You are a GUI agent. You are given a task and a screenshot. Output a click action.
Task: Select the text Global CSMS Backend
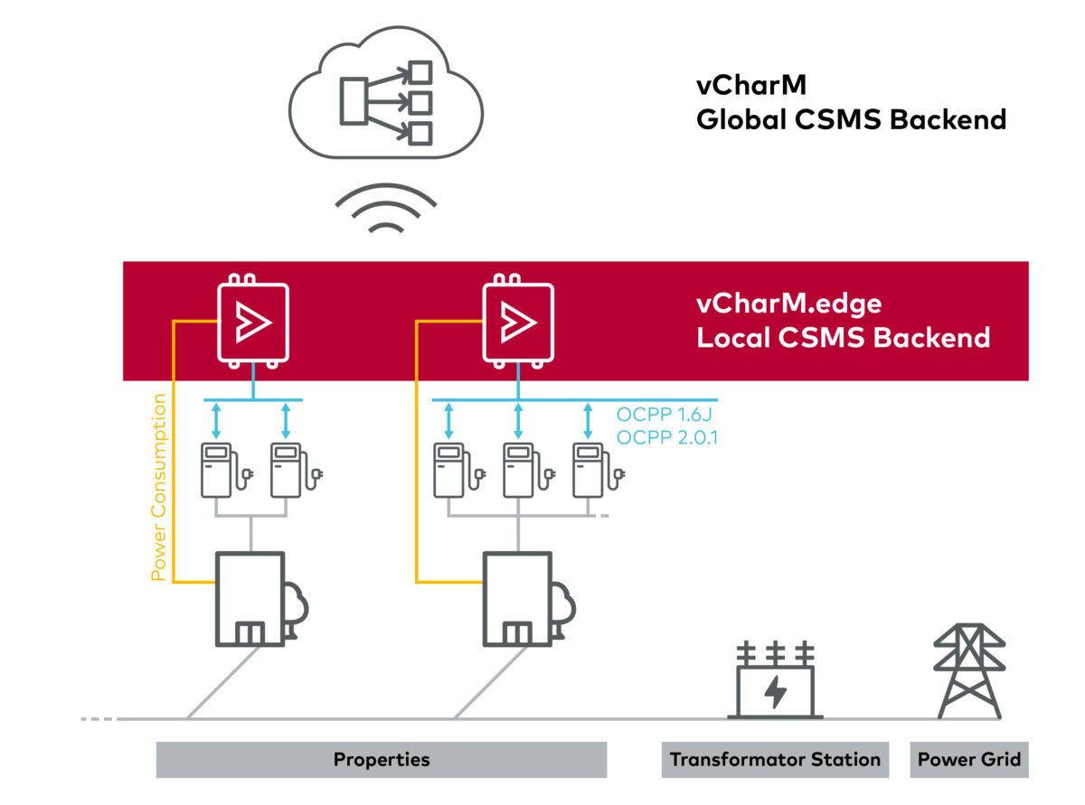(x=851, y=120)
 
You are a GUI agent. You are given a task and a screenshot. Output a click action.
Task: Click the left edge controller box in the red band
(x=252, y=322)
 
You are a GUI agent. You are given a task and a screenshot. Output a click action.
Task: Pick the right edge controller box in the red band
(x=517, y=322)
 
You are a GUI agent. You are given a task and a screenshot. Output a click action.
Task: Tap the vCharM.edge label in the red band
(x=788, y=304)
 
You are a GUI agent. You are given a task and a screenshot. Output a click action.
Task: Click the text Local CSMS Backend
(x=843, y=339)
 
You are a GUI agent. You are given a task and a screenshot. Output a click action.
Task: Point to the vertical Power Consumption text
(x=158, y=487)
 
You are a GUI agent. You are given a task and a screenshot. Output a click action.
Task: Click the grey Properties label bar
(x=381, y=759)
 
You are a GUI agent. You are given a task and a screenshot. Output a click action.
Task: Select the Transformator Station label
(x=774, y=759)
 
